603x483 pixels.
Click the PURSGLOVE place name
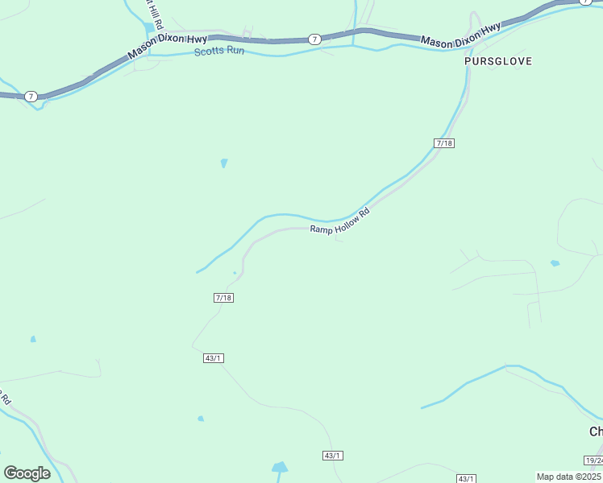coord(498,61)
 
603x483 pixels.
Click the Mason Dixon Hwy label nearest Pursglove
coord(460,35)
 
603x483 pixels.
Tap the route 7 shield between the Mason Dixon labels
coord(314,39)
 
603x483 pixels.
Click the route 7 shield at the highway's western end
coord(31,97)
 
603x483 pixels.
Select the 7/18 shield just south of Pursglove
coord(444,142)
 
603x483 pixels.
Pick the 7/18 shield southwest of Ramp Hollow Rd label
coord(224,298)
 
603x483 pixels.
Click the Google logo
coord(27,473)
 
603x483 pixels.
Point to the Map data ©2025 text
coord(568,477)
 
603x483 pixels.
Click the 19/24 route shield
coord(593,460)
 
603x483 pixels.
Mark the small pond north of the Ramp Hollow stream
coord(223,163)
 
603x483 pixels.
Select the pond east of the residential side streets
coord(555,263)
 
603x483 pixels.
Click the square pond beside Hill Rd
coord(150,28)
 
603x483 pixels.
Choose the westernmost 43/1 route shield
coord(212,358)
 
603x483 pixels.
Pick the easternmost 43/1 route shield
coord(466,478)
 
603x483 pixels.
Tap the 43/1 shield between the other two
coord(333,456)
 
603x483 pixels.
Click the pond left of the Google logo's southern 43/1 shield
coord(280,467)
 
